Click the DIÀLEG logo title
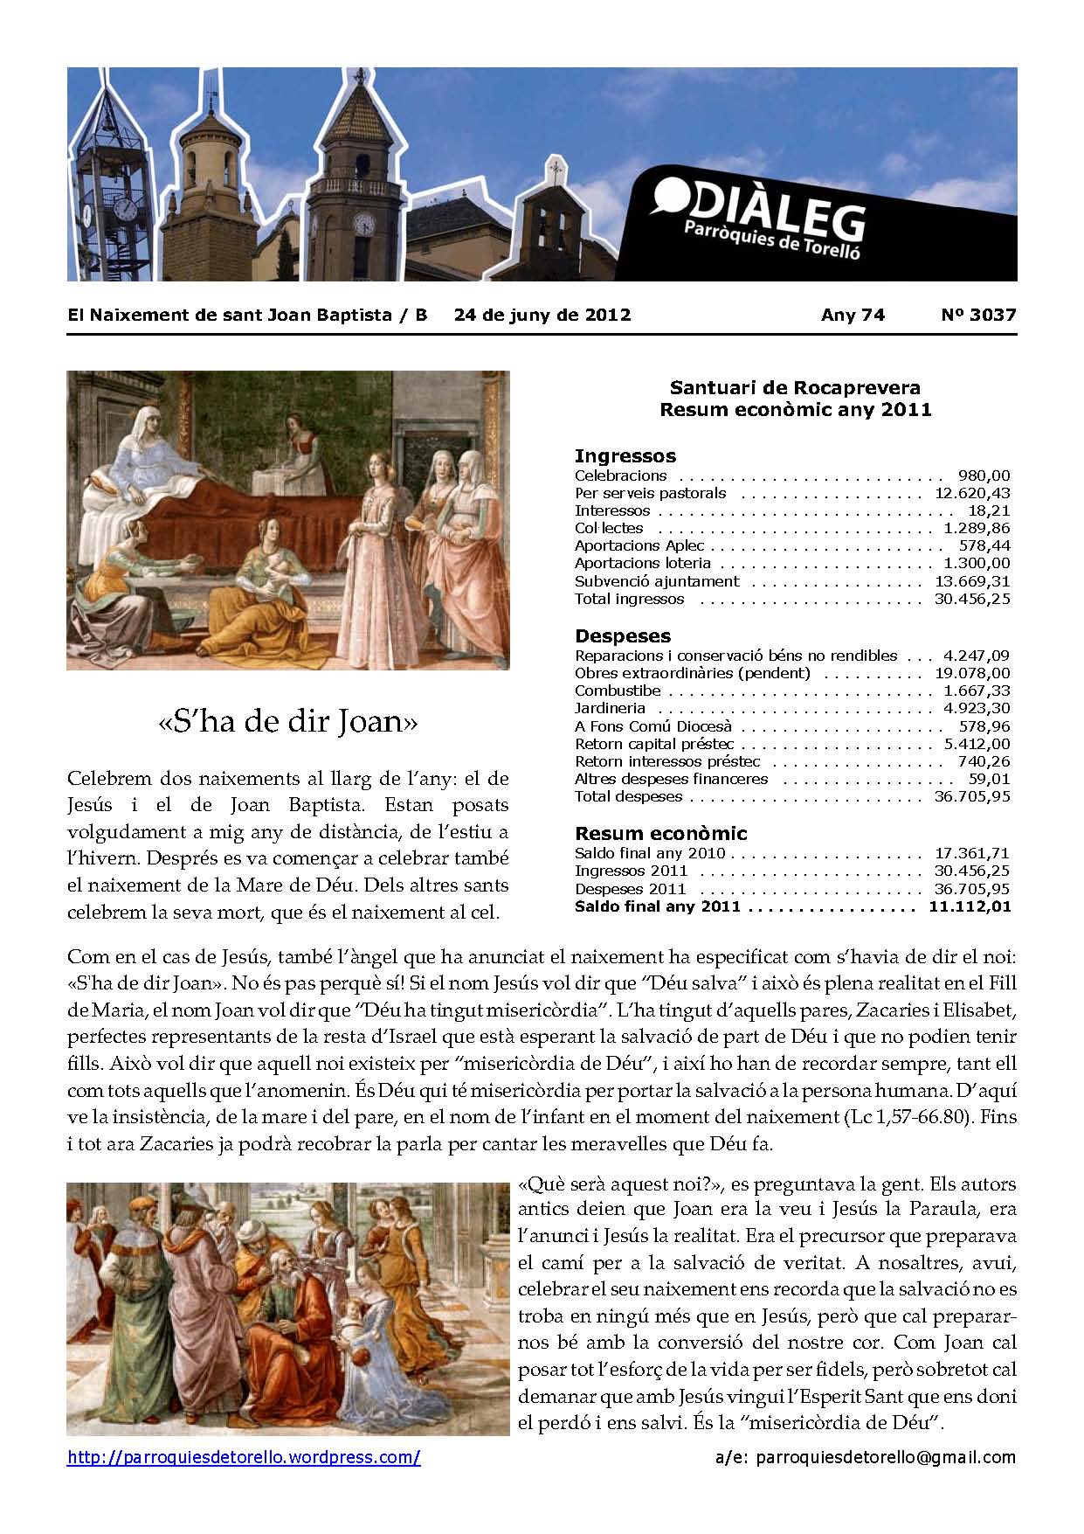tap(758, 210)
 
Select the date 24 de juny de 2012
tap(542, 315)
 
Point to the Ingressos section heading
tap(625, 455)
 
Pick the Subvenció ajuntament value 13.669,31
tap(970, 581)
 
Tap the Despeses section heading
tap(622, 635)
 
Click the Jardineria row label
tap(610, 708)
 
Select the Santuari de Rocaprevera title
tap(795, 387)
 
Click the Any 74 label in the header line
tap(853, 315)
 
